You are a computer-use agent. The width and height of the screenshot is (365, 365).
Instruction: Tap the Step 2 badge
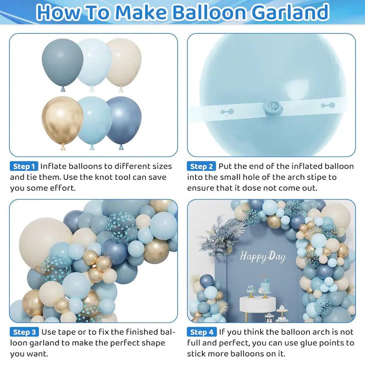coord(201,166)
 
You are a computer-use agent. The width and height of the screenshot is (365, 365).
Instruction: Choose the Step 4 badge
coord(201,332)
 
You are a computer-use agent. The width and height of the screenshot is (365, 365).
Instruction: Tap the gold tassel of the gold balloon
coord(62,148)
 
